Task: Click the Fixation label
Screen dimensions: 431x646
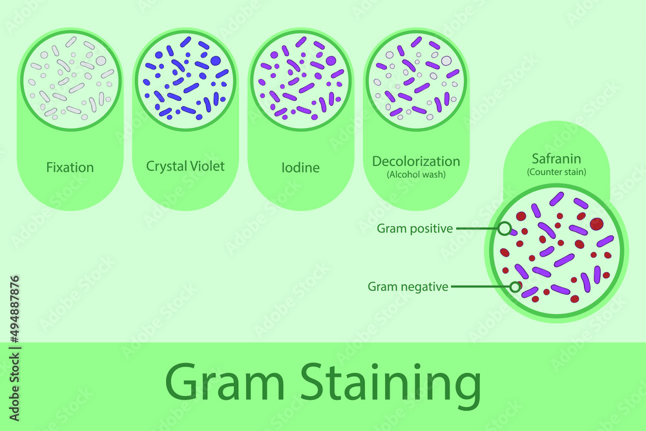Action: [x=70, y=167]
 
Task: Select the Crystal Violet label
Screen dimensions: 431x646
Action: [x=185, y=166]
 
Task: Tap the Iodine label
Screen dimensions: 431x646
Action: [x=301, y=167]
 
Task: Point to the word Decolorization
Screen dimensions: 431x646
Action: [x=416, y=161]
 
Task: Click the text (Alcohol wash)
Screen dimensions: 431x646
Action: [x=416, y=174]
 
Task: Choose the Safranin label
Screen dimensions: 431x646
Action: [x=556, y=158]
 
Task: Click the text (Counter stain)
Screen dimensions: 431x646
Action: [x=556, y=172]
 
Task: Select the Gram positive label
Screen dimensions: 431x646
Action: [x=415, y=228]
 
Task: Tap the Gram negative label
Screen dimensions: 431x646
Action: [x=408, y=286]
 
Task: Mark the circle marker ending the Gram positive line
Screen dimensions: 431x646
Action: [x=505, y=228]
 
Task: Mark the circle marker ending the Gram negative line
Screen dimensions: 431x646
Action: [x=515, y=286]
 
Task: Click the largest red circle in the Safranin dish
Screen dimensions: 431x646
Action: [x=596, y=224]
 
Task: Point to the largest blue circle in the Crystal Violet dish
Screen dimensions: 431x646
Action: [x=216, y=61]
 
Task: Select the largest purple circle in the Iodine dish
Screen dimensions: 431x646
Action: [x=331, y=61]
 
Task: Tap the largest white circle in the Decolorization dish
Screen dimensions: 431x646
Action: [x=446, y=61]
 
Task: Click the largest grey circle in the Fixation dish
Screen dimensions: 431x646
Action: [x=101, y=61]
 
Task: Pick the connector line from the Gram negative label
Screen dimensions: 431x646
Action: [x=480, y=286]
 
